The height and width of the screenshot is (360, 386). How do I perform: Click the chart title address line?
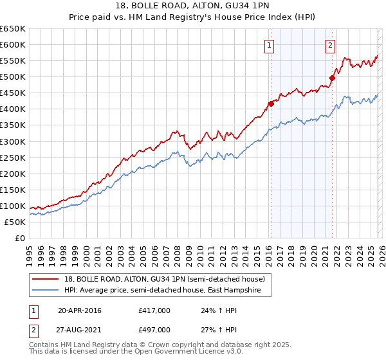(x=193, y=6)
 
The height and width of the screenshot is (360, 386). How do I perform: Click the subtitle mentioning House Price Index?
(x=193, y=17)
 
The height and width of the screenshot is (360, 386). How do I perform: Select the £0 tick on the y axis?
(x=20, y=238)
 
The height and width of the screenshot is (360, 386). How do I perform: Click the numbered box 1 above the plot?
(x=268, y=45)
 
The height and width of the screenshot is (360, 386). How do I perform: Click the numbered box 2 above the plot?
(x=329, y=45)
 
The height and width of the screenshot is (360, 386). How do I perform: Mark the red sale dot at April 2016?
(x=271, y=104)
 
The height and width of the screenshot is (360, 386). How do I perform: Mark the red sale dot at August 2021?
(x=333, y=78)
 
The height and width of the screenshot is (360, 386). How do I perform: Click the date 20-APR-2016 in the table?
(x=80, y=311)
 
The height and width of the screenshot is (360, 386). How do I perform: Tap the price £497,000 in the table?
(x=154, y=329)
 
